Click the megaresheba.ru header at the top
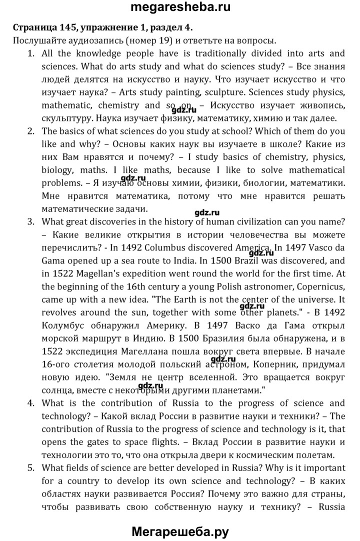[179, 8]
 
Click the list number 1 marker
[31, 53]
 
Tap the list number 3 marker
[31, 221]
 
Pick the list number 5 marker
[31, 468]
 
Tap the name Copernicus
[320, 286]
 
